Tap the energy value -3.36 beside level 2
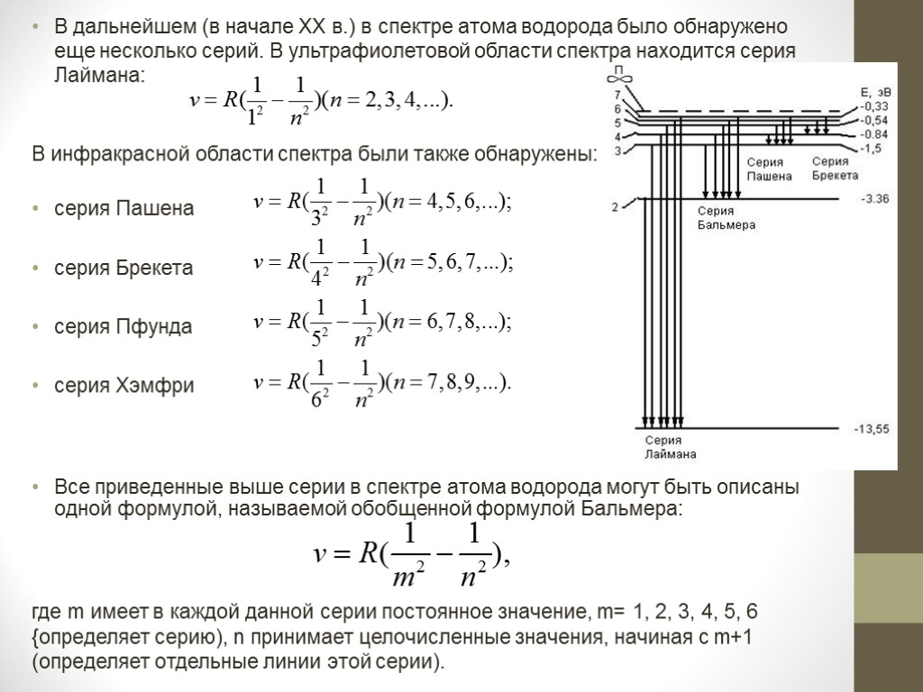874,198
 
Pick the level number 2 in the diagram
616,208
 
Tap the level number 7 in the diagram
617,95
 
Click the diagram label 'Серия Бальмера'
726,218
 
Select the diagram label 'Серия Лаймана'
670,447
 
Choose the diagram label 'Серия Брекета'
835,168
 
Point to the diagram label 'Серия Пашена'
769,169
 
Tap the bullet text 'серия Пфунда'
123,327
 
